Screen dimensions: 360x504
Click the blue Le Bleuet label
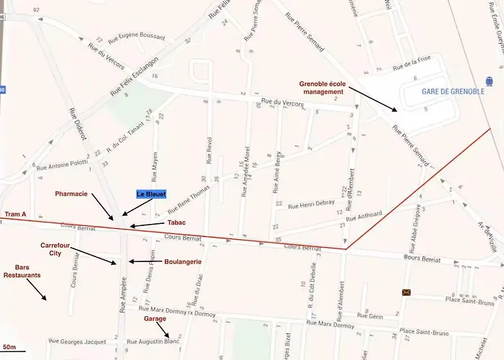(152, 194)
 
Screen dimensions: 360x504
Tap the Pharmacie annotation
(72, 194)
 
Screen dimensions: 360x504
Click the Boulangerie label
(183, 261)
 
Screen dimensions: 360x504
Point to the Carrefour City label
(59, 249)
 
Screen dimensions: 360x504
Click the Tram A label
(16, 215)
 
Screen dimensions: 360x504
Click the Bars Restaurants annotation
(22, 271)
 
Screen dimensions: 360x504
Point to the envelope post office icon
(408, 292)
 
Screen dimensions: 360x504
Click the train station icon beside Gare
(490, 81)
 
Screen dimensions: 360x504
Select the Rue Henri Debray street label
(311, 204)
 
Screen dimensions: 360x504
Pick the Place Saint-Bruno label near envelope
(444, 301)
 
